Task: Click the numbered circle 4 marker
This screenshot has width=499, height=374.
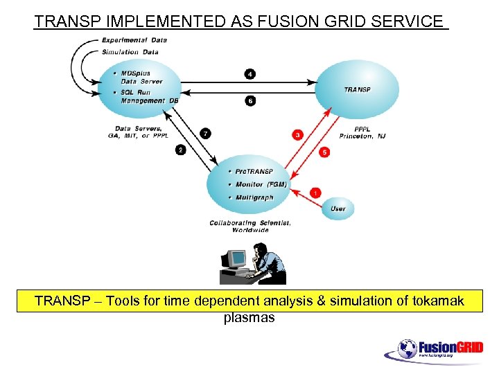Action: (249, 73)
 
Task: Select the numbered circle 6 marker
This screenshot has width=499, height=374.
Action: (249, 100)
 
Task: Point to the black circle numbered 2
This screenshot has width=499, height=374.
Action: (181, 150)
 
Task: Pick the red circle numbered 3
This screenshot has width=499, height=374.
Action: (297, 134)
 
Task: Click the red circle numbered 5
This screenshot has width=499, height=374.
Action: (325, 152)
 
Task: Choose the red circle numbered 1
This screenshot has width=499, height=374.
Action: (315, 192)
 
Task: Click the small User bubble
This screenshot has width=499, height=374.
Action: (338, 208)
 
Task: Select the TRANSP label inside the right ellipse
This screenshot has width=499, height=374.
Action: (357, 90)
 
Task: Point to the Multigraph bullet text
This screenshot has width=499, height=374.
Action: (254, 197)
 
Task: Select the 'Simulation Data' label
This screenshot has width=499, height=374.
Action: (130, 52)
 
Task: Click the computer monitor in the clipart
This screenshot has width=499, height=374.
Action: (237, 259)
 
